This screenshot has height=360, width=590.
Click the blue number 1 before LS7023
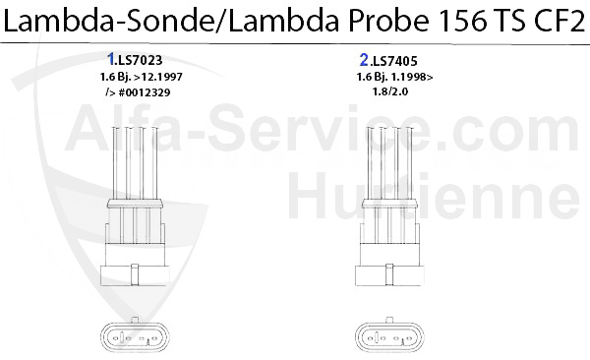point(110,59)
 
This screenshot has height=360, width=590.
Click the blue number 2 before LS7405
point(364,60)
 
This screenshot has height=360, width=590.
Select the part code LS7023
point(141,60)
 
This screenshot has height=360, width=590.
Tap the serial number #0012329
point(145,92)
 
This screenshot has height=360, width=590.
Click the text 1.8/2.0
point(390,91)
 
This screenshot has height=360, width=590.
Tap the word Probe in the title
point(388,22)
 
